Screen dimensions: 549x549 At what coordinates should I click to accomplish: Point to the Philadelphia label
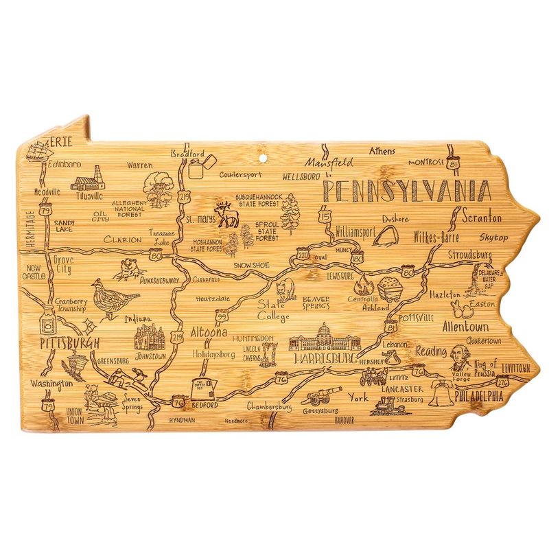(x=478, y=397)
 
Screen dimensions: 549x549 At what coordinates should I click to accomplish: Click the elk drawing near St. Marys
(x=227, y=215)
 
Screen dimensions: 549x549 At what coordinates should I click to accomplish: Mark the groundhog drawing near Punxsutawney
(x=127, y=270)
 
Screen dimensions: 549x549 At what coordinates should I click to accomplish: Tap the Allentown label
(x=465, y=326)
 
